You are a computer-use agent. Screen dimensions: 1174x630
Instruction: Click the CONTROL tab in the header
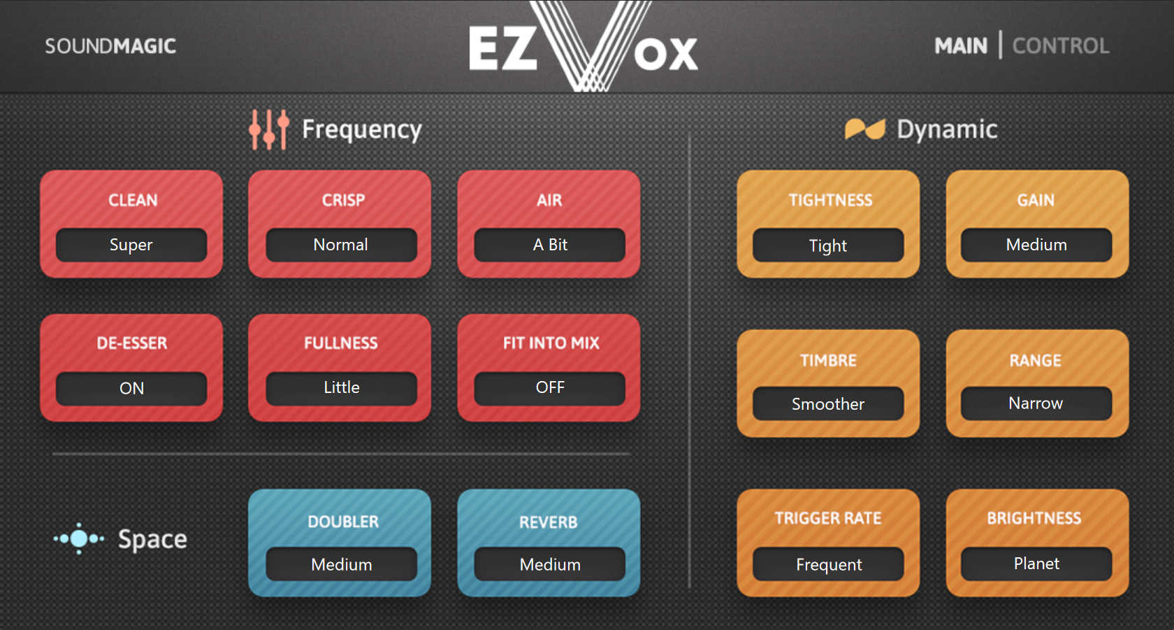tap(1060, 46)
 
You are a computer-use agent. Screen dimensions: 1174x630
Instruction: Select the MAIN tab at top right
tap(961, 46)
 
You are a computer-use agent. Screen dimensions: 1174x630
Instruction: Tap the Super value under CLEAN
tap(131, 245)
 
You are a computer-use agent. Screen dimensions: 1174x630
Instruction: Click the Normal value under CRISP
tap(341, 245)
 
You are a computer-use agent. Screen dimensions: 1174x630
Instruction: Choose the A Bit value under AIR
tap(550, 245)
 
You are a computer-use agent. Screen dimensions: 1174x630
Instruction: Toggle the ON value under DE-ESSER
tap(131, 389)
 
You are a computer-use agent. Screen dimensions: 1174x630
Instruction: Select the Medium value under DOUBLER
tap(341, 564)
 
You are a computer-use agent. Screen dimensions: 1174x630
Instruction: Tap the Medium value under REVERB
tap(550, 564)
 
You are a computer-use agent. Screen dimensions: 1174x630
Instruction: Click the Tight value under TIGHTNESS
tap(828, 245)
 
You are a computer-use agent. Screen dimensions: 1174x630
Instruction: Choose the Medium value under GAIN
tap(1036, 245)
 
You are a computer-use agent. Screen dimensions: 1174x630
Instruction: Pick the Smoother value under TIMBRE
tap(828, 403)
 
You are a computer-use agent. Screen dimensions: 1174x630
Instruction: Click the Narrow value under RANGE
tap(1036, 403)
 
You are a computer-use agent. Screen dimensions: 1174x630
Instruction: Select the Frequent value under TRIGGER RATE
tap(828, 564)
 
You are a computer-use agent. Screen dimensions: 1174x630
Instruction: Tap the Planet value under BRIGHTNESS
tap(1036, 564)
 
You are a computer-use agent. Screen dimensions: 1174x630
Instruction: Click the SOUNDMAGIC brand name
tap(110, 46)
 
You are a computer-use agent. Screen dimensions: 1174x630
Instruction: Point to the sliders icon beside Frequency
tap(269, 129)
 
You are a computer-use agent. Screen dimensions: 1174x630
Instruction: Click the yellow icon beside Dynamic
tap(865, 129)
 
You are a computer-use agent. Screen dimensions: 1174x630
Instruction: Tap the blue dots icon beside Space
tap(78, 538)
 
